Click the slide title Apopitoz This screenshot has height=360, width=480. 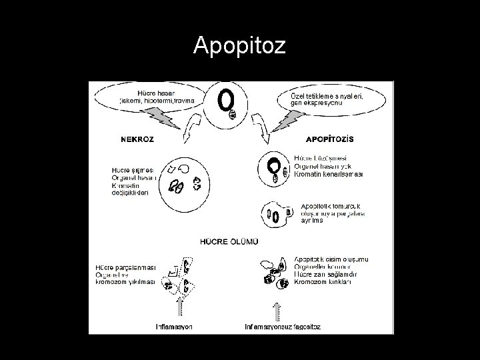[x=239, y=46]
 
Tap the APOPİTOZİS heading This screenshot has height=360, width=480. [x=330, y=139]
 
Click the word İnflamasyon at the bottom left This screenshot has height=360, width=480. [x=174, y=327]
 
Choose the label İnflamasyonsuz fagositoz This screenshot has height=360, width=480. [x=283, y=327]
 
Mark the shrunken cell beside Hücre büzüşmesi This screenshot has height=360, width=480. [x=274, y=167]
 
